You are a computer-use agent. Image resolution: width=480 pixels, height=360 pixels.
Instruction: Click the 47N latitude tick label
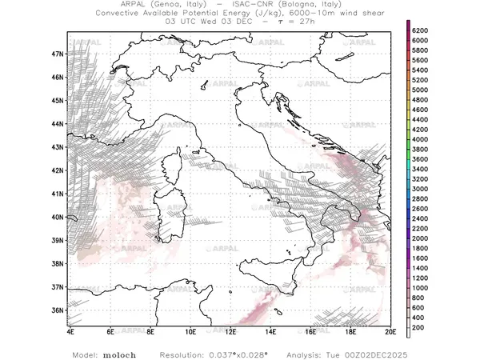pos(57,54)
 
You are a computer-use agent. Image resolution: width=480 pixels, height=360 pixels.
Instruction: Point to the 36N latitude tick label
pos(57,310)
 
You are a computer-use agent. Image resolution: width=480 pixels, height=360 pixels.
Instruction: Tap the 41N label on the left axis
pos(57,194)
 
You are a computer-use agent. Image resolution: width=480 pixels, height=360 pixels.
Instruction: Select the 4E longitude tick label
pos(70,330)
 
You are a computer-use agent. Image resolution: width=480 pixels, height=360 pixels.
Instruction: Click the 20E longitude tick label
pos(390,330)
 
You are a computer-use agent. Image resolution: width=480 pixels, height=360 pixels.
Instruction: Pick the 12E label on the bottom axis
pos(230,330)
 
